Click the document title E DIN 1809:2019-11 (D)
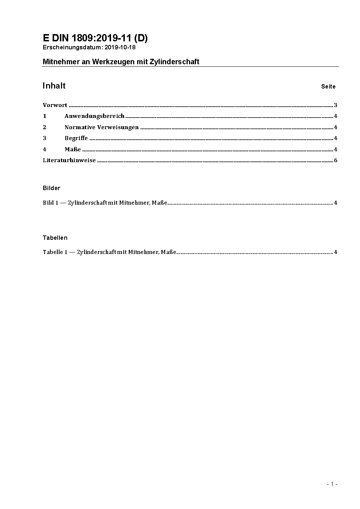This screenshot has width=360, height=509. coord(95,38)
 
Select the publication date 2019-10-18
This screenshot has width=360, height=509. coord(120,48)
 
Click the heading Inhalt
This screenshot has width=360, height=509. coord(54,86)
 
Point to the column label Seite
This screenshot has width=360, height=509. coord(328,87)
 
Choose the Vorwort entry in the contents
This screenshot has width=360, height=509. coord(55,105)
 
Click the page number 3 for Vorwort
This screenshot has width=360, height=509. coord(336,105)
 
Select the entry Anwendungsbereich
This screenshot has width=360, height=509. coord(94,116)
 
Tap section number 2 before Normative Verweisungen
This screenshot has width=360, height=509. coord(45,127)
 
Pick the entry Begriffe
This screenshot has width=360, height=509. coord(76,138)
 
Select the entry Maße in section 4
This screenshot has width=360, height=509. coord(73,149)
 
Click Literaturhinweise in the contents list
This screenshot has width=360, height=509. coord(69,160)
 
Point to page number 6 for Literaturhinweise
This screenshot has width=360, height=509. coord(336,160)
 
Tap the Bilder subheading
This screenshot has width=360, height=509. coord(52,188)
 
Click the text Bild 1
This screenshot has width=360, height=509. coord(50,203)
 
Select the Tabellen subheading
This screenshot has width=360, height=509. coord(55,238)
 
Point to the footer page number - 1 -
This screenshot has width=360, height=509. coord(332,484)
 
